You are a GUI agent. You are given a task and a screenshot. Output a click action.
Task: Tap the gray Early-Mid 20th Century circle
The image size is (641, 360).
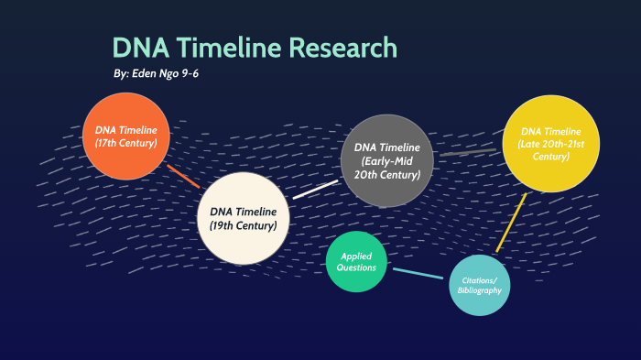pos(386,160)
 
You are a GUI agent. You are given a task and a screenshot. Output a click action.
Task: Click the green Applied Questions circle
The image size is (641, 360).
pos(358,263)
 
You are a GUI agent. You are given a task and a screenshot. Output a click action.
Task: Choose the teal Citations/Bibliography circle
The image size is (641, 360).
pos(479,285)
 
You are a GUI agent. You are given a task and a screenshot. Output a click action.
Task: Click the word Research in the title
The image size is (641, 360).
pos(340,48)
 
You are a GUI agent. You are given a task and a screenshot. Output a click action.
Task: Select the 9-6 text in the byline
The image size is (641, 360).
pos(190,73)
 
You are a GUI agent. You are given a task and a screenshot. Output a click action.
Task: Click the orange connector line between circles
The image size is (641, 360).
pos(184,175)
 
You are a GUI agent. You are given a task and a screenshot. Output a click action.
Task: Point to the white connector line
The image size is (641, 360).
pos(315,190)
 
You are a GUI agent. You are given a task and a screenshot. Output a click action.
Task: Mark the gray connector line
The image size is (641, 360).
pos(467,152)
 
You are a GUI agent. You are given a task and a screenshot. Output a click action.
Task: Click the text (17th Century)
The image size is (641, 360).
pos(126,144)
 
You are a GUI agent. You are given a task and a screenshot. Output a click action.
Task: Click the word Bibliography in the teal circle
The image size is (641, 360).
pos(480,290)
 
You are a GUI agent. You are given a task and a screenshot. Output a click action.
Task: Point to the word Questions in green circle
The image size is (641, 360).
pos(358,269)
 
